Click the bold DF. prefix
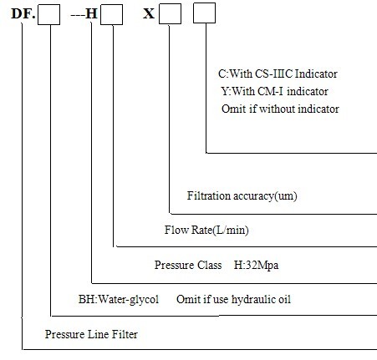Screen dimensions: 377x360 coord(23,13)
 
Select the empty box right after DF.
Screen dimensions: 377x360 coord(48,14)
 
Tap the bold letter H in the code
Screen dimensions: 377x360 coord(91,13)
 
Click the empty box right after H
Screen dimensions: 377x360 coord(111,14)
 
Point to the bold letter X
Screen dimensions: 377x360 coord(149,13)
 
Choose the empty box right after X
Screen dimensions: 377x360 coord(170,13)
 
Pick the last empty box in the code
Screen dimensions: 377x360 coord(204,13)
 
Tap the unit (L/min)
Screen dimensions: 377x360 coord(230,231)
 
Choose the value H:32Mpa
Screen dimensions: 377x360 coord(256,265)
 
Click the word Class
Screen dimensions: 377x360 coord(210,265)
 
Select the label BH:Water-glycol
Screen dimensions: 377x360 coord(119,300)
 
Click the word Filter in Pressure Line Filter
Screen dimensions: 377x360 coord(125,334)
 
